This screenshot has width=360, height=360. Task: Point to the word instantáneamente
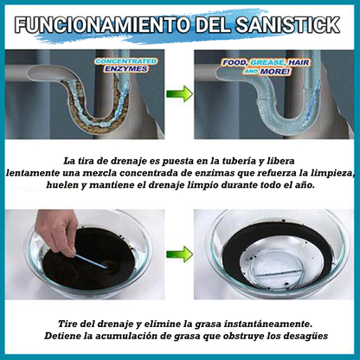point(257,319)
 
